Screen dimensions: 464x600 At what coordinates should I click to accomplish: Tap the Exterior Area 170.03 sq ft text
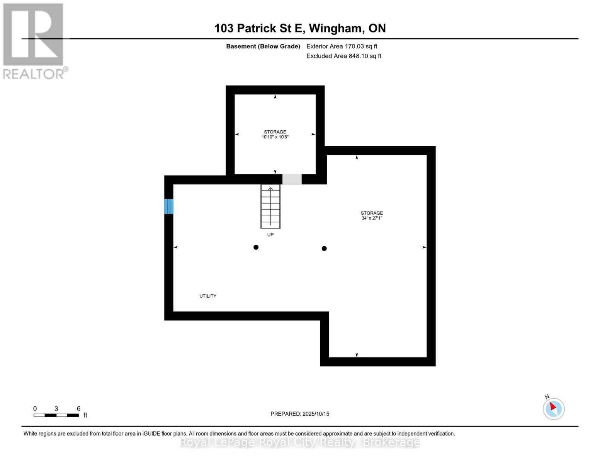(342, 46)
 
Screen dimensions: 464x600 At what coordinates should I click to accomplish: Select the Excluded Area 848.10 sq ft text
(343, 56)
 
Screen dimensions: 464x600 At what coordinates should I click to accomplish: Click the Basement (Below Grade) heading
(263, 46)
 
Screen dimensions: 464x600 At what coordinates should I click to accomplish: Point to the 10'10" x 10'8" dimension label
(275, 137)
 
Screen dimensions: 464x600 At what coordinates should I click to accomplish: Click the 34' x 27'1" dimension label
(372, 218)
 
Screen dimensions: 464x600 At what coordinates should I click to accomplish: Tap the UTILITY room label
(208, 296)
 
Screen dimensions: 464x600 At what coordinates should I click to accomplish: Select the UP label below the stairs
(270, 235)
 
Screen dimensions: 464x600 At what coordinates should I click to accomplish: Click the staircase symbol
(270, 206)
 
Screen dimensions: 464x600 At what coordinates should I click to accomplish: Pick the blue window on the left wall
(169, 206)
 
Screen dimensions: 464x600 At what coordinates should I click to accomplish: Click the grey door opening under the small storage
(292, 179)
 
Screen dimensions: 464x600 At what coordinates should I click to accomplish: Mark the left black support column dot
(256, 247)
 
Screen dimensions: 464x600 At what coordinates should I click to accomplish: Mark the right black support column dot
(324, 249)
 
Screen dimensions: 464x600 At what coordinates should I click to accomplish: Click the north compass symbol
(553, 408)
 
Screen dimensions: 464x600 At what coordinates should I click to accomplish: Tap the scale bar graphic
(56, 415)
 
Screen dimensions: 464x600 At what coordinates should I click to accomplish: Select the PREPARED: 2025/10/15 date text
(300, 414)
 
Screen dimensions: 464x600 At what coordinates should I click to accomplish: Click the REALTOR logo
(34, 41)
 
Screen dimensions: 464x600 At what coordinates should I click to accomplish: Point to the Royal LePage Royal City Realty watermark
(300, 442)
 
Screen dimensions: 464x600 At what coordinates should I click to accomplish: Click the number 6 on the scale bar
(78, 409)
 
